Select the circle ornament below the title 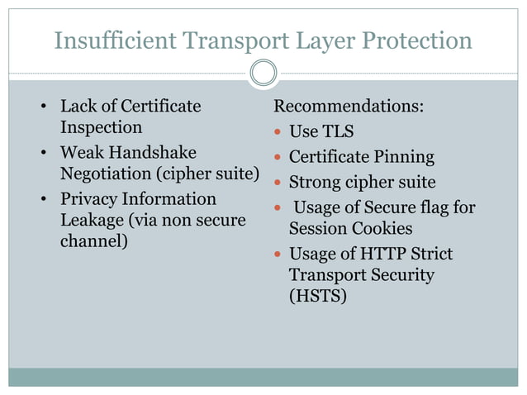[263, 73]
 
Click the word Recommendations [349, 107]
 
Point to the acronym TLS [337, 131]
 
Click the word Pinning [403, 157]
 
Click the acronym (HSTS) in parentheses [317, 295]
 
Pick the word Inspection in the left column [101, 128]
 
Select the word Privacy [89, 199]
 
